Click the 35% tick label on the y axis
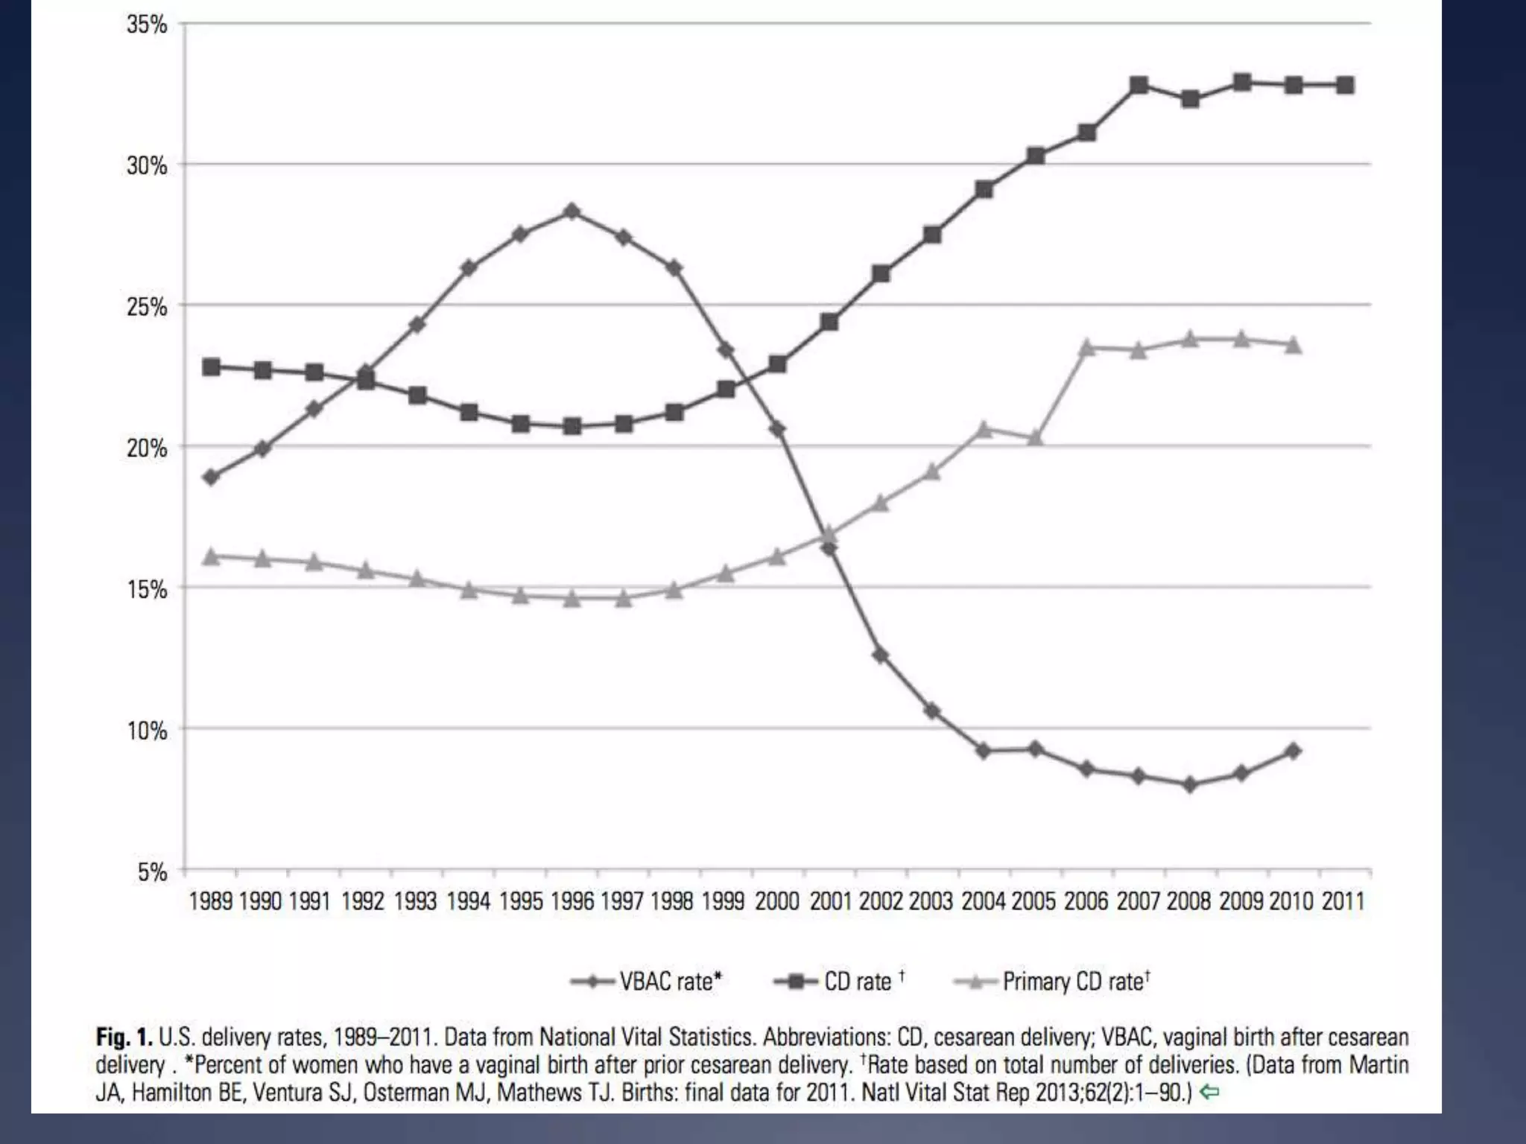click(147, 25)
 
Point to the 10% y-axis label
click(147, 731)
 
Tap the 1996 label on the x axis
click(572, 901)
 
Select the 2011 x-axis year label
click(1343, 901)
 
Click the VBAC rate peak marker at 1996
click(572, 212)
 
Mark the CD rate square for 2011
click(1345, 86)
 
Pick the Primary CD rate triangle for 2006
click(1087, 347)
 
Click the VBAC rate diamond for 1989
click(212, 477)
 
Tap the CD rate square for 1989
click(212, 366)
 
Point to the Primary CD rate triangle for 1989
click(212, 556)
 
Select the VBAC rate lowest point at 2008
click(1190, 784)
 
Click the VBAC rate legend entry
click(647, 982)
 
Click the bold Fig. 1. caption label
click(124, 1037)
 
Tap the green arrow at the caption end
click(1210, 1093)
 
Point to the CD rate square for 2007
click(1139, 85)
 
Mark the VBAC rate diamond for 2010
click(1294, 751)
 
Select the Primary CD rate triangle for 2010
click(1294, 345)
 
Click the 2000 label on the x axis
click(777, 901)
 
